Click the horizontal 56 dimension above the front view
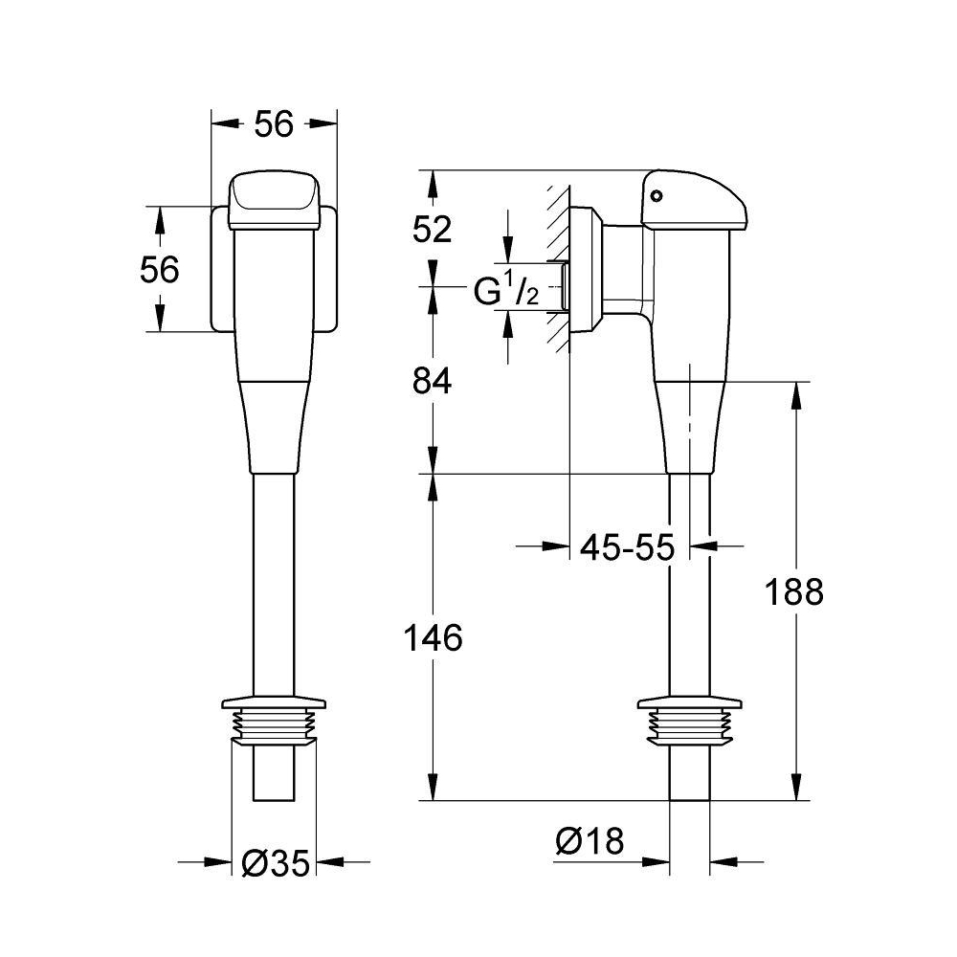[274, 123]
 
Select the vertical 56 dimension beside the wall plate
[160, 269]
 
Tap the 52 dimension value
[433, 230]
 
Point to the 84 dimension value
[433, 381]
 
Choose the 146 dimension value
[434, 638]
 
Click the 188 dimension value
[794, 592]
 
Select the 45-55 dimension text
[628, 546]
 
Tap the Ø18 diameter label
[590, 841]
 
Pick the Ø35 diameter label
[276, 863]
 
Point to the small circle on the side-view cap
[657, 196]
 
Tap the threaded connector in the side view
[690, 722]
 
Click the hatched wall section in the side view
[558, 269]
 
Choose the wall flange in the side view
[587, 269]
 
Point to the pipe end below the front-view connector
[274, 772]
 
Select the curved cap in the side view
[694, 200]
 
